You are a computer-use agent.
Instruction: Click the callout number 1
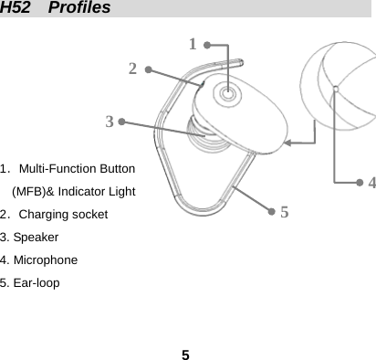tap(192, 44)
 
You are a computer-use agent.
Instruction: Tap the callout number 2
tap(133, 69)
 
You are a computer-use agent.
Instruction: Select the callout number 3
tap(109, 121)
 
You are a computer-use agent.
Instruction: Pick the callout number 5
tap(285, 212)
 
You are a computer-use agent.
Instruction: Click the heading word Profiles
tap(81, 8)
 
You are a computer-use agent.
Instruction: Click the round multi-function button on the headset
tap(226, 93)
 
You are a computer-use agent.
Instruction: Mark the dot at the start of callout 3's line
tap(120, 121)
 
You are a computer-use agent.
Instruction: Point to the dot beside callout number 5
tap(271, 210)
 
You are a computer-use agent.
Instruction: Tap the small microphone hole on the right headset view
tap(336, 89)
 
